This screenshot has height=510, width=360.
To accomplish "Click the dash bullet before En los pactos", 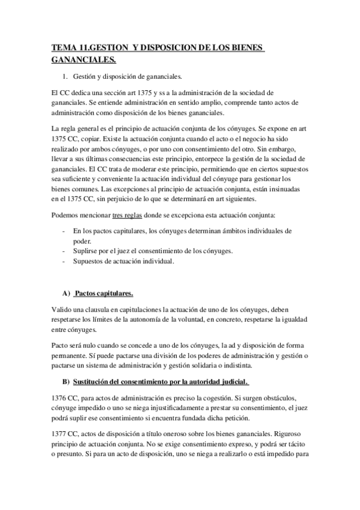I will pos(64,230).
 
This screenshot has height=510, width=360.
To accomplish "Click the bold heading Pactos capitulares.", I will pos(103,293).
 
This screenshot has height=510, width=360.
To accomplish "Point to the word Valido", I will pos(62,309).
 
